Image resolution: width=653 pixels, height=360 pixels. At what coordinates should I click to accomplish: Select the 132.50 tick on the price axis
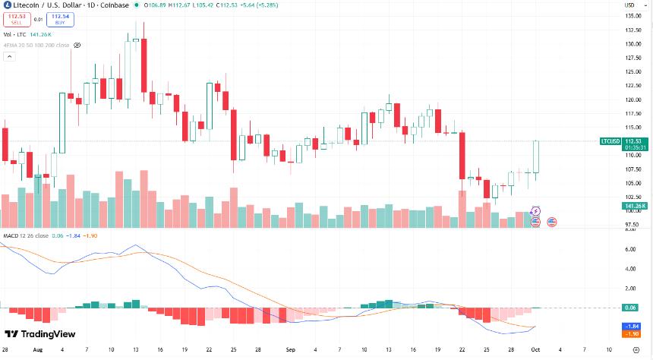pos(630,30)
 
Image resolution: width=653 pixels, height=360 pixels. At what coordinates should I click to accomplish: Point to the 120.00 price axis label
pos(630,99)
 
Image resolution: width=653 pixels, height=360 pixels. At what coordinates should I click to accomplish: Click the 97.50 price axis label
pos(630,225)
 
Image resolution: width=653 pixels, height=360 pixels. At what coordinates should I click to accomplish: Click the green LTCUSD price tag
pos(610,141)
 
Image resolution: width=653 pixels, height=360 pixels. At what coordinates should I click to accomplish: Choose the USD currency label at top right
pos(629,6)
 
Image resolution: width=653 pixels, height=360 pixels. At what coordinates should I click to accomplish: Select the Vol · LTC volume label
pos(14,34)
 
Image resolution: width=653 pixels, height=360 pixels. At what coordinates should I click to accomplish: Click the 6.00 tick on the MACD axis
pos(629,249)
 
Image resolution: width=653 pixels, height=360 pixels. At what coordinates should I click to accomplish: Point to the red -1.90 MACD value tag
pos(629,333)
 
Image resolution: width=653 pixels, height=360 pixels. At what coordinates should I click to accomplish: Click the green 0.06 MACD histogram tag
pos(629,308)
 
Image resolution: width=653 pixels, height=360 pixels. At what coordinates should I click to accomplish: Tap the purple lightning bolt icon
pos(536,210)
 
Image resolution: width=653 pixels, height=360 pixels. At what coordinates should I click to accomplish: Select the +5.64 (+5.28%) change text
pos(257,6)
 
